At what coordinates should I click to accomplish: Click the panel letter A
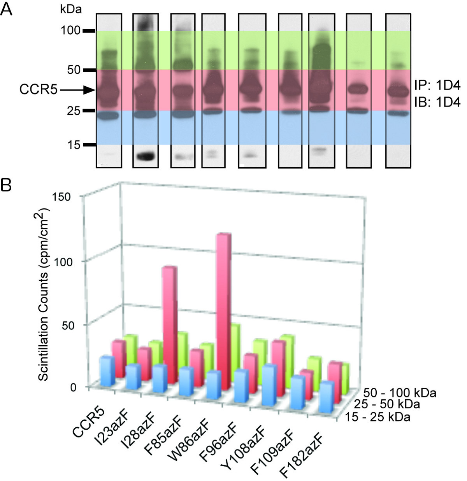tap(7, 8)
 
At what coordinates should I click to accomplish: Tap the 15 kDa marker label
tap(72, 145)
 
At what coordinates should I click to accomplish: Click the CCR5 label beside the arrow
tap(39, 90)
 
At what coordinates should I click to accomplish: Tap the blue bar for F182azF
tap(326, 397)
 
